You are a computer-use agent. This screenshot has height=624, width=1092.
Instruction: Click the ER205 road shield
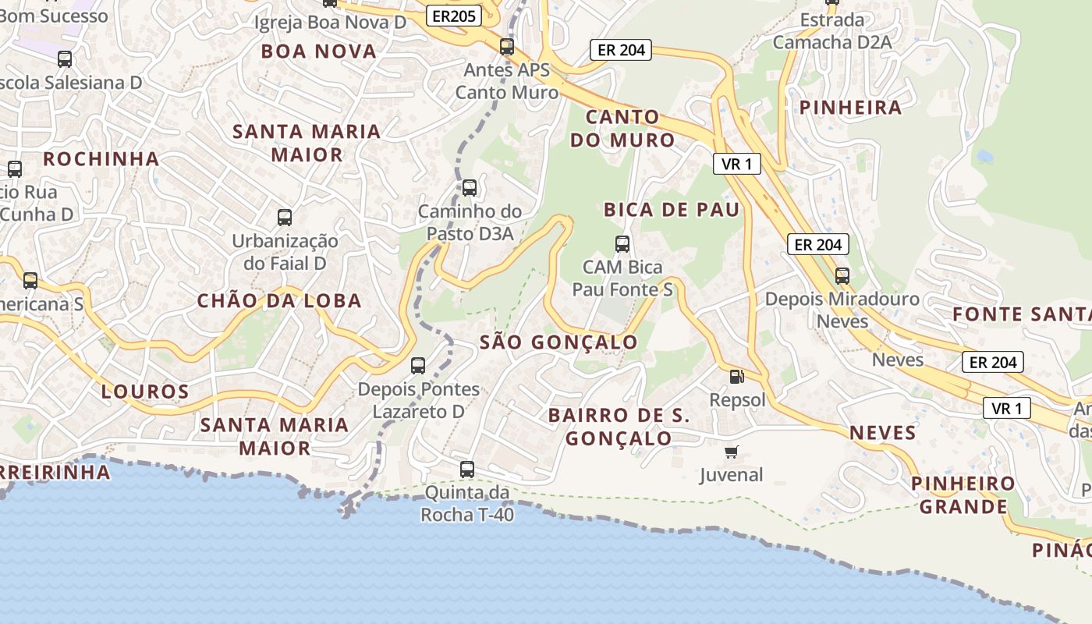tap(453, 15)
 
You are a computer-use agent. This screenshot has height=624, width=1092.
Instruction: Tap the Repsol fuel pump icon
tap(736, 377)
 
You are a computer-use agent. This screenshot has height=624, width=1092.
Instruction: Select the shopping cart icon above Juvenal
tap(732, 452)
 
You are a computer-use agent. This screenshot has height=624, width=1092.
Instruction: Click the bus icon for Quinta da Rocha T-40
tap(467, 470)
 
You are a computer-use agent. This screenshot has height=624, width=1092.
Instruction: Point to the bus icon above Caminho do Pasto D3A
tap(470, 188)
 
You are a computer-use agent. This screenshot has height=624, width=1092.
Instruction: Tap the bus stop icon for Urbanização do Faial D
tap(285, 218)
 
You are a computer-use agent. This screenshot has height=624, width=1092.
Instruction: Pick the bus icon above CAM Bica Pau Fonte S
tap(622, 244)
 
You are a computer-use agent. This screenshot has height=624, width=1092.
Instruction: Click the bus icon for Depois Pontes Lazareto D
tap(418, 365)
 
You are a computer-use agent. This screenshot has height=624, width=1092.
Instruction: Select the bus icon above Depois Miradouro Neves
tap(842, 275)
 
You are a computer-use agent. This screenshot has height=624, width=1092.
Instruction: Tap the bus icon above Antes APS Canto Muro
tap(507, 47)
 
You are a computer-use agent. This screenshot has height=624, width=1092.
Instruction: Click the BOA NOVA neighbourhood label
tap(319, 51)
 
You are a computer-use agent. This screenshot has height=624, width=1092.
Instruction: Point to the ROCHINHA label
tap(101, 159)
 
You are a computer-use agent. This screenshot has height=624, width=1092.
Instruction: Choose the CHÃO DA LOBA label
tap(279, 301)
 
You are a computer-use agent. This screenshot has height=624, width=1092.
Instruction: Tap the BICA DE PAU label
tap(672, 210)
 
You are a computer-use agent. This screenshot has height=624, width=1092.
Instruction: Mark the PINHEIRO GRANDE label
tap(964, 495)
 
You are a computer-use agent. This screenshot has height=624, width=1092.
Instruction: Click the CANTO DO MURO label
tap(622, 129)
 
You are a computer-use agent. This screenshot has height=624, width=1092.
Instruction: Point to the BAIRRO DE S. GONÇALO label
tap(619, 427)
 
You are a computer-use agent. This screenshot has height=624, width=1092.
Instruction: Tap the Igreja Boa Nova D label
tap(331, 22)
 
